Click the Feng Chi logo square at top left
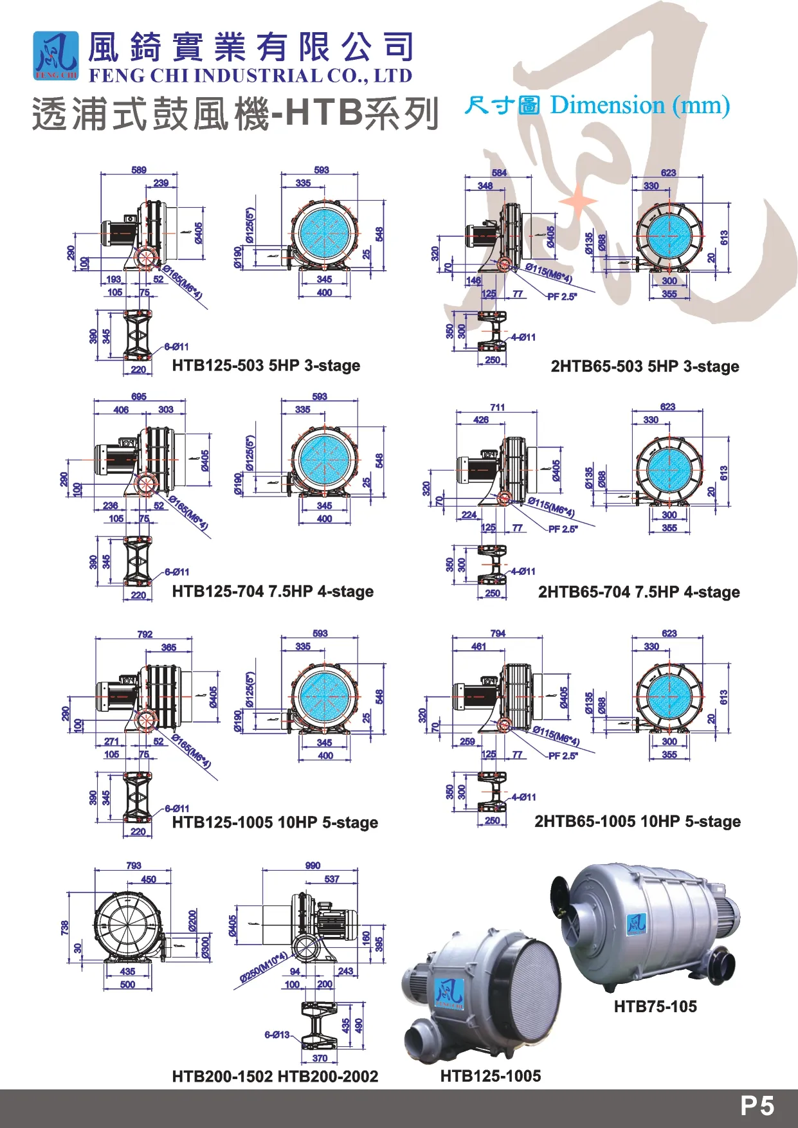pos(56,56)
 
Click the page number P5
pos(757,1106)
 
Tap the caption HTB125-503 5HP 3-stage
pos(266,366)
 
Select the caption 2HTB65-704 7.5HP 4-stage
pos(639,592)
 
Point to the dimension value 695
pos(139,397)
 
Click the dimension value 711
pos(497,407)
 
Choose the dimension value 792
pos(145,634)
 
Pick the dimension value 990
pos(313,866)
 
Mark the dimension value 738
pos(64,928)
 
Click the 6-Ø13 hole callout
pos(277,1035)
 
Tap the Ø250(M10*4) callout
pos(263,968)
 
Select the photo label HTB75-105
pos(655,1007)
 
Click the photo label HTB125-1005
pos(490,1076)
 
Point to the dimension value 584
pos(499,173)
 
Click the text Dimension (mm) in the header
pos(640,105)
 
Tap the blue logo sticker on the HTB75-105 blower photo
pos(637,924)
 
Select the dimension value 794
pos(498,633)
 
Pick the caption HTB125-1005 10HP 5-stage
pos(275,823)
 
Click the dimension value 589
pos(139,170)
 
